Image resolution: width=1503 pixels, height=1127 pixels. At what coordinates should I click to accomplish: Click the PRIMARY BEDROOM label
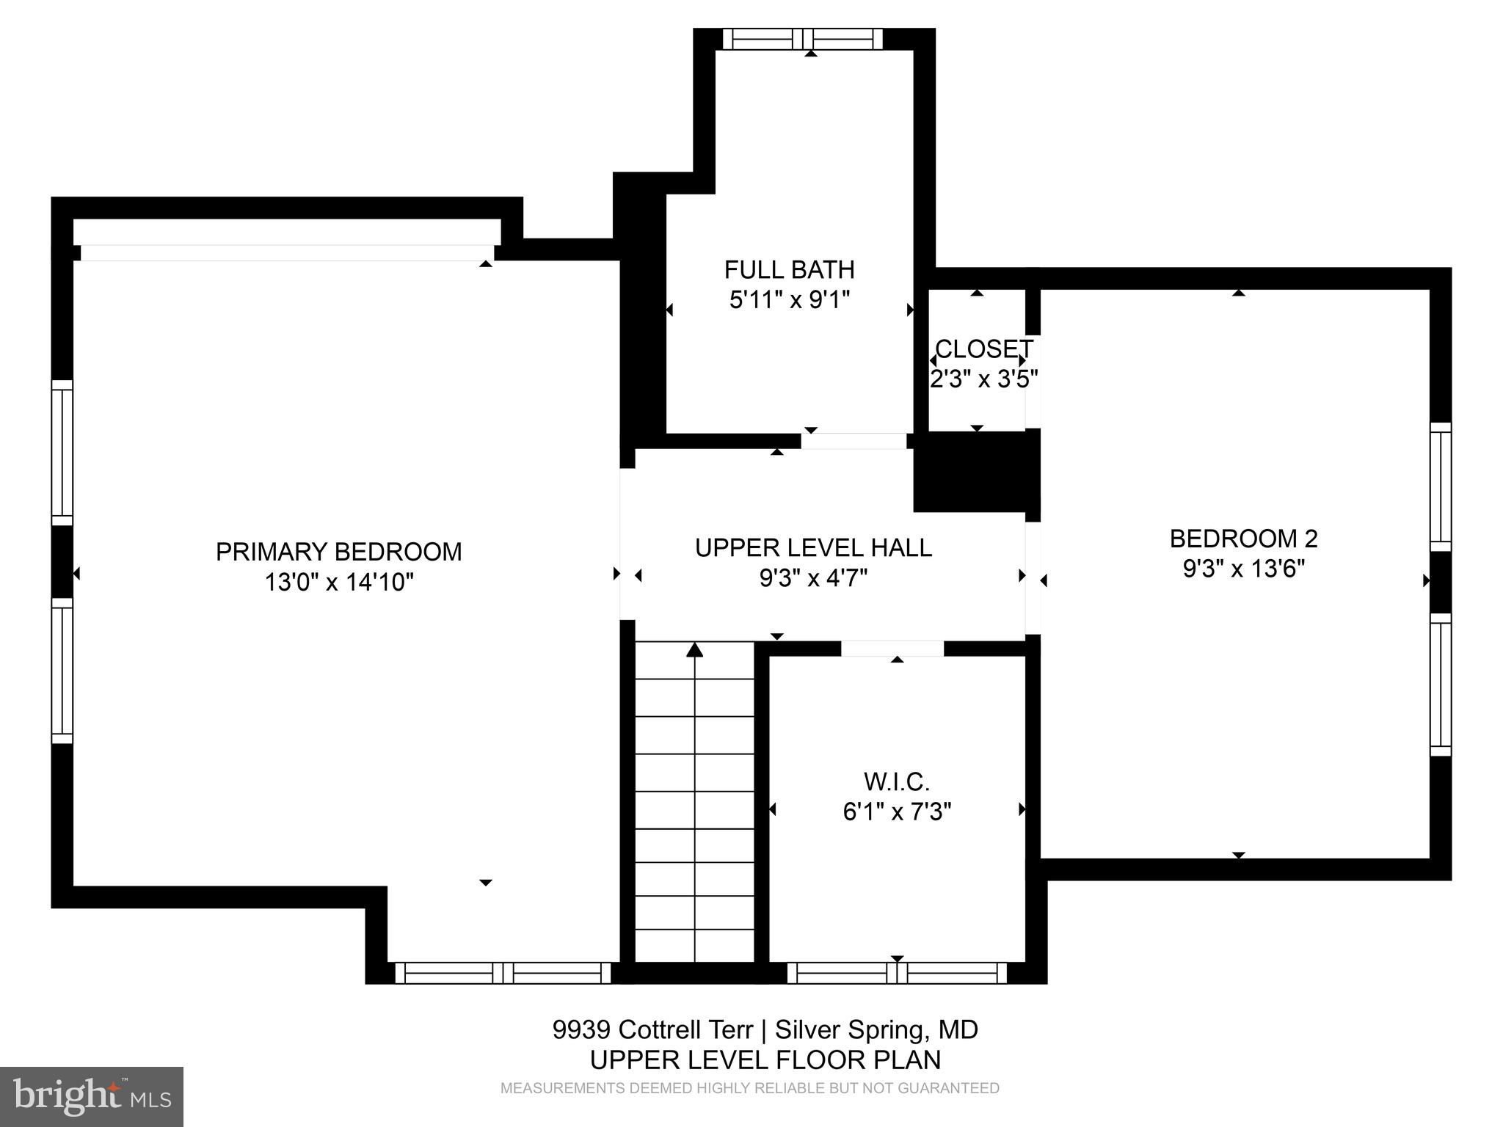click(338, 552)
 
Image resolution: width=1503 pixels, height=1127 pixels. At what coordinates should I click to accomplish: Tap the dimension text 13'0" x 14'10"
click(339, 583)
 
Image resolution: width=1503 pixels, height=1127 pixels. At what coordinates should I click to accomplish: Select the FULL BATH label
click(789, 270)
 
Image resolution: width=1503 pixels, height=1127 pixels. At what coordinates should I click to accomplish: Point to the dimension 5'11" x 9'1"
click(789, 300)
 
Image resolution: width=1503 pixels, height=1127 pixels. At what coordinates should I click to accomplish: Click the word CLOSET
click(983, 349)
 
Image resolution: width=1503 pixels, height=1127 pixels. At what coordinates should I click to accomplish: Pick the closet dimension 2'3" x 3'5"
click(983, 379)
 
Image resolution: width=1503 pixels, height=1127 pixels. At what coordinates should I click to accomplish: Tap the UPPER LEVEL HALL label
click(813, 548)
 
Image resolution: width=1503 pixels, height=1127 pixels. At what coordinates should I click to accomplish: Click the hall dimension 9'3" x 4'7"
click(813, 578)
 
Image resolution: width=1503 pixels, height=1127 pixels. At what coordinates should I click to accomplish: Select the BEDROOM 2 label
click(1243, 539)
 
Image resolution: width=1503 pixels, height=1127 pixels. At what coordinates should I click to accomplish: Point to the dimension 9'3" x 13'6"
click(1243, 569)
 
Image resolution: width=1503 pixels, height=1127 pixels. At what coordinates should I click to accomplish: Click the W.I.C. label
click(896, 781)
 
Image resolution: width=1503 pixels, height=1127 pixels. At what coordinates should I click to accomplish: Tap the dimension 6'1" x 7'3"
click(896, 812)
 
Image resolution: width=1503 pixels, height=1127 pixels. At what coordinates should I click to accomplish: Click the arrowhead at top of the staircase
click(694, 650)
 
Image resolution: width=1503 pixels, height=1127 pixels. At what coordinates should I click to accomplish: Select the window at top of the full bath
click(803, 39)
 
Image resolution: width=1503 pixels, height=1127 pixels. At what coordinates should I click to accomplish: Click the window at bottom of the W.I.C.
click(897, 973)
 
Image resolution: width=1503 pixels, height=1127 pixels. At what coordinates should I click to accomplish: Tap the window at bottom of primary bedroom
click(503, 973)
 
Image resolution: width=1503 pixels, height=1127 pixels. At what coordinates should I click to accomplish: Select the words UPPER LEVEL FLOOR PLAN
click(765, 1059)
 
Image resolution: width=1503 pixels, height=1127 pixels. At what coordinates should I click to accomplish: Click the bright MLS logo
click(92, 1096)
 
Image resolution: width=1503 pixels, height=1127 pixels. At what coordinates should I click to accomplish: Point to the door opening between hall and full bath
click(854, 441)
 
